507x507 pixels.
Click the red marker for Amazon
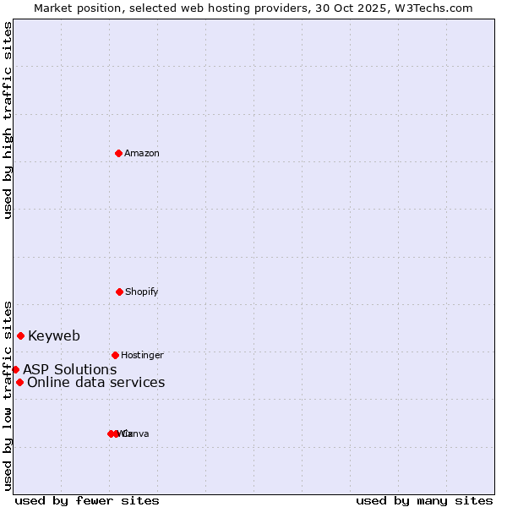tap(119, 153)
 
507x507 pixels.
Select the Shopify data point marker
tap(119, 292)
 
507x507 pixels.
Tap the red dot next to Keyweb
tap(20, 335)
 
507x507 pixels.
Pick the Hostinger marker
tap(115, 355)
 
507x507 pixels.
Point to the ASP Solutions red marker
tap(15, 369)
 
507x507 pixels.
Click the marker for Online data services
tap(19, 382)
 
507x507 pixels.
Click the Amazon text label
tap(142, 153)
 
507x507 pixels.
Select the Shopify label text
tap(142, 292)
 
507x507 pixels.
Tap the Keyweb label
tap(54, 335)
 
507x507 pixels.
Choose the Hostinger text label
tap(142, 355)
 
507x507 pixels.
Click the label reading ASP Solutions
tap(69, 369)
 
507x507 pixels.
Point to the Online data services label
tap(95, 382)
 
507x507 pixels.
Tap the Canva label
tap(136, 433)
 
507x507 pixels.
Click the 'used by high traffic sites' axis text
tap(8, 120)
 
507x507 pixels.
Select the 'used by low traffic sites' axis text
tap(8, 395)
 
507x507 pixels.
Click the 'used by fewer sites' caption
tap(87, 500)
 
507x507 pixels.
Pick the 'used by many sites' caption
tap(424, 500)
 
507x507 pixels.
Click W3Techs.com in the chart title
tap(435, 8)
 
